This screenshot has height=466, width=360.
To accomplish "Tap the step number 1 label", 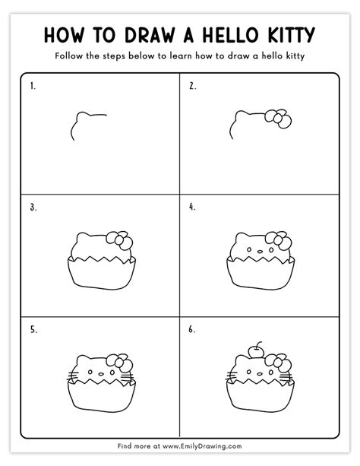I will (x=33, y=86).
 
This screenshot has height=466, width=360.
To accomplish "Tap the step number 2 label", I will (x=192, y=86).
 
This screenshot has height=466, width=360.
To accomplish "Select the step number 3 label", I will (x=33, y=206).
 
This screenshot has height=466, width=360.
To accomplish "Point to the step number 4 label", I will (x=192, y=206).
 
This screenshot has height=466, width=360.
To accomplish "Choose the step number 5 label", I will (x=33, y=330).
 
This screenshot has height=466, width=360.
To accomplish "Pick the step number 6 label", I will (x=192, y=330).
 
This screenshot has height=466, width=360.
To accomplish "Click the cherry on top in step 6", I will (x=256, y=350).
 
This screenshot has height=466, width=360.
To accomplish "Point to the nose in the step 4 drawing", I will (x=257, y=252).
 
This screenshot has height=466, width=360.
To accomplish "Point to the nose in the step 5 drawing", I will (x=100, y=373).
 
